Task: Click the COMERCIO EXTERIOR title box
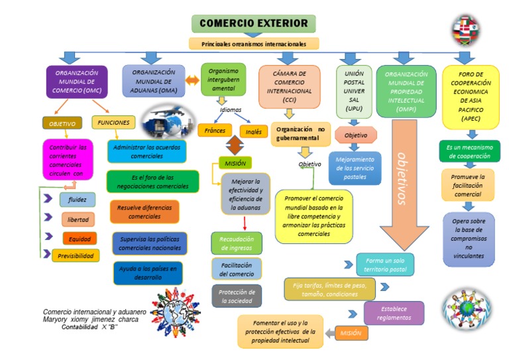click(253, 24)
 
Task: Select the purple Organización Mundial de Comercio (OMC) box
click(78, 82)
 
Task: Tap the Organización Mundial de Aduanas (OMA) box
click(153, 80)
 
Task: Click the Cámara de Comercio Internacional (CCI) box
click(289, 86)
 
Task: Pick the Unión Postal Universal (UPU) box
click(353, 90)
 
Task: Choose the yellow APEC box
click(471, 96)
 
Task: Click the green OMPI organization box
click(404, 91)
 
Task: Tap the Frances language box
click(215, 131)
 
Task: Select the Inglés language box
click(253, 131)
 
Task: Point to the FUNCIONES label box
click(113, 123)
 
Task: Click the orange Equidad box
click(79, 239)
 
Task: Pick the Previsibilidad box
click(76, 255)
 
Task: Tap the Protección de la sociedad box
click(237, 296)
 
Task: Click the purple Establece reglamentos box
click(394, 313)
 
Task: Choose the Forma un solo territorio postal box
click(385, 265)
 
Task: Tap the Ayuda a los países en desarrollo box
click(148, 272)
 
